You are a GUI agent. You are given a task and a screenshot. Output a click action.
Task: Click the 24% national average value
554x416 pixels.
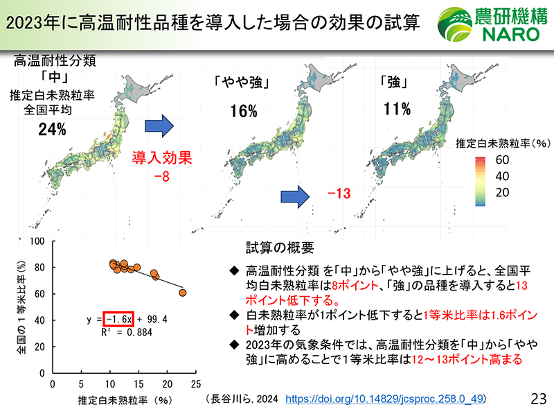(x=53, y=130)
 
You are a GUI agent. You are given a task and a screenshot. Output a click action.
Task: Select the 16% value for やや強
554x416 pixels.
(x=244, y=111)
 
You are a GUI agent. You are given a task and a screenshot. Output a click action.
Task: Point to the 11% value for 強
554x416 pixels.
(x=397, y=109)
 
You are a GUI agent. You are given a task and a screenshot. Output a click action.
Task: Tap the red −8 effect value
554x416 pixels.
(x=162, y=176)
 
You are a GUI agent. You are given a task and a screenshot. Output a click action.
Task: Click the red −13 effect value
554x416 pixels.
(x=339, y=193)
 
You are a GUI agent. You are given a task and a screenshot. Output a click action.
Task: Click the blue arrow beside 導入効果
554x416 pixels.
(x=159, y=126)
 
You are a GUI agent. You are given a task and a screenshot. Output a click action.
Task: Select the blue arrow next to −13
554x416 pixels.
(x=295, y=197)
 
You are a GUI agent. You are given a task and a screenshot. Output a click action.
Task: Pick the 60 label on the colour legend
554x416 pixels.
(x=502, y=160)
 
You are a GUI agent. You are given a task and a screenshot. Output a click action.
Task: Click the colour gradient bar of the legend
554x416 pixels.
(x=480, y=181)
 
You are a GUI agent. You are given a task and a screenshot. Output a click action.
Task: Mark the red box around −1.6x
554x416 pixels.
(x=118, y=319)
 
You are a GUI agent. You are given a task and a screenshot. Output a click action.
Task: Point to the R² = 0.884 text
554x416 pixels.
(x=127, y=333)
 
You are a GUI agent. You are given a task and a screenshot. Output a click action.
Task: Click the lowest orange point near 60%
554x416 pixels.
(x=183, y=293)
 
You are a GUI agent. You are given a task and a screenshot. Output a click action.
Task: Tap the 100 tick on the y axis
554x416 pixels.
(x=37, y=241)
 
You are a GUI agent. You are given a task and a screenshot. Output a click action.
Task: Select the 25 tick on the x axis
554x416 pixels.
(x=196, y=384)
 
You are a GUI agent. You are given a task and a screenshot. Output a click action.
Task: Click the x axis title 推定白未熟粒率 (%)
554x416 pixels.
(x=125, y=401)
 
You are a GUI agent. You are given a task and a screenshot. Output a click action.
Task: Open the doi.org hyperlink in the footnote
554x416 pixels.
(x=384, y=399)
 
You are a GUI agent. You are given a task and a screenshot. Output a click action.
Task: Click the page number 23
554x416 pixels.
(x=539, y=399)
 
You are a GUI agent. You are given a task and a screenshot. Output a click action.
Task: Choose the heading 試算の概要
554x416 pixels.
(x=280, y=248)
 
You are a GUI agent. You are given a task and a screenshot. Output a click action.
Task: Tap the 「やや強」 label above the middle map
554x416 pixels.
(x=242, y=82)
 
